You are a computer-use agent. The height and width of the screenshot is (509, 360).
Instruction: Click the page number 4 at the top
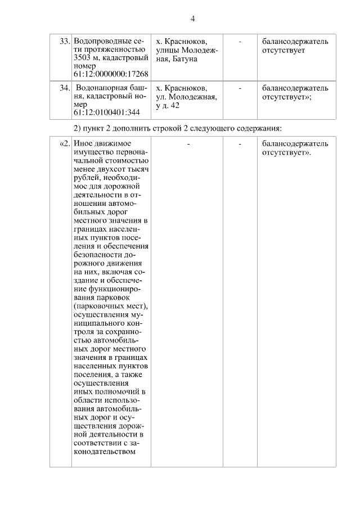coord(192,19)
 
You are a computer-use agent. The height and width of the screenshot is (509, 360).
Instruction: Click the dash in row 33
coord(240,41)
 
